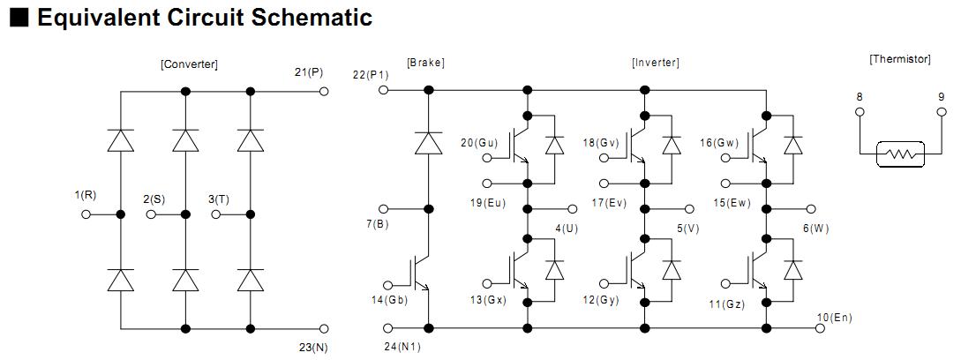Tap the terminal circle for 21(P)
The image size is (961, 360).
pos(324,91)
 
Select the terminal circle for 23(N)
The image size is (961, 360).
pos(324,327)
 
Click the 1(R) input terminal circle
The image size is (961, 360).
pos(86,214)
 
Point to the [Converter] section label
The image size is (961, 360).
pos(189,64)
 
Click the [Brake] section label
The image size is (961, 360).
pos(425,63)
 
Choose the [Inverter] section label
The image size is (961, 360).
pos(656,63)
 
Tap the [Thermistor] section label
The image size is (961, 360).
pos(899,59)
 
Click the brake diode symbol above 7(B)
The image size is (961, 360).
pos(429,143)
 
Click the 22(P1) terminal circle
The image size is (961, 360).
pos(383,90)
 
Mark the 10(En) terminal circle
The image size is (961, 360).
pos(820,327)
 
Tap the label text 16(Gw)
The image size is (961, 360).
pos(718,143)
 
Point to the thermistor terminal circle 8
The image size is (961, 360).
pos(860,112)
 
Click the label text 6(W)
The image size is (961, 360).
pos(817,229)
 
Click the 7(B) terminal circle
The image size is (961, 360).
pos(383,209)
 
